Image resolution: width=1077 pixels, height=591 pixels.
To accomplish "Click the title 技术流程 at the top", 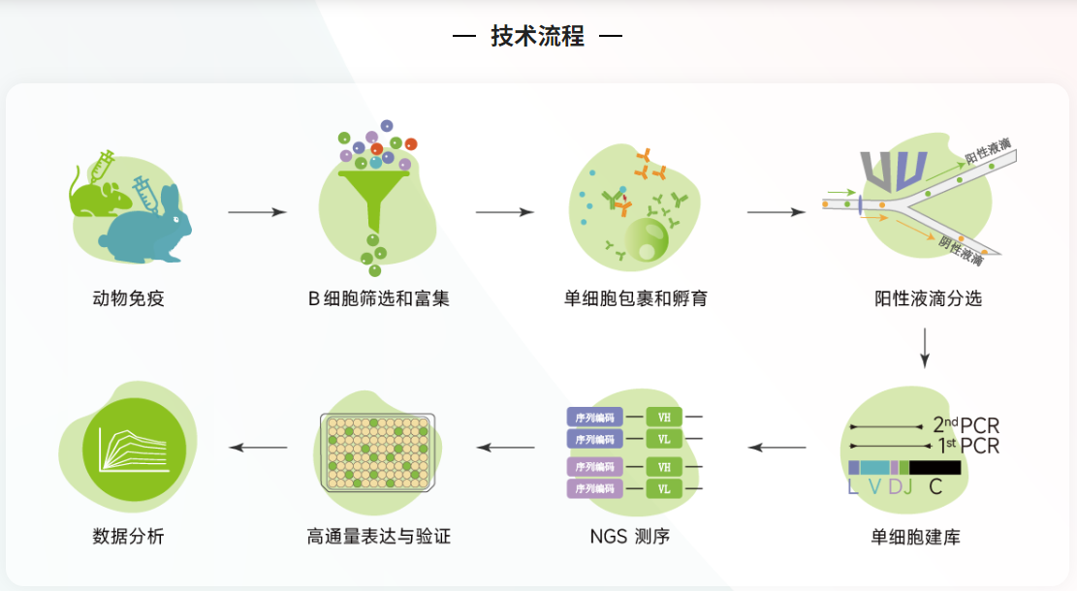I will click(538, 37).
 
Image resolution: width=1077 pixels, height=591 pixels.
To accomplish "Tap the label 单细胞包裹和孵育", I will click(636, 298).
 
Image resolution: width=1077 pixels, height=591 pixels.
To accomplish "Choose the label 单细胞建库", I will click(915, 536).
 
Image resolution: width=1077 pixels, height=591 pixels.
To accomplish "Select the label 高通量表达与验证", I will click(379, 536).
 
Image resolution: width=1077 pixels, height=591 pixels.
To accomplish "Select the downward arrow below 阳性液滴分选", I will click(925, 350).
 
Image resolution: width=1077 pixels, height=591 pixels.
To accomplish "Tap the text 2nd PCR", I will click(966, 425).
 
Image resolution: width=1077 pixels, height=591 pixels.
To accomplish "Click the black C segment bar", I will click(934, 467).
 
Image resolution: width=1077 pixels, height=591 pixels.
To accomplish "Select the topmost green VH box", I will click(664, 418).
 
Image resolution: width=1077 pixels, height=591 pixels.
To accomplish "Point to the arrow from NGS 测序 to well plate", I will click(506, 448).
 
